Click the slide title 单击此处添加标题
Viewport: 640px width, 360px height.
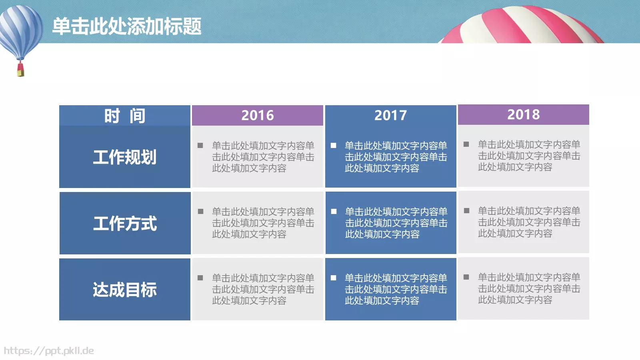127,26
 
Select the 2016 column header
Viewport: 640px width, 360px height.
258,115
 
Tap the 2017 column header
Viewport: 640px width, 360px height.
390,115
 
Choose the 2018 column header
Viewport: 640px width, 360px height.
523,114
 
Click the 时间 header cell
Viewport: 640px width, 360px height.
125,116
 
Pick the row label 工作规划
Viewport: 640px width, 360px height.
125,157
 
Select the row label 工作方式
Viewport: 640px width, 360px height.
125,223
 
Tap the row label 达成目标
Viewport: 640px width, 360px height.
125,290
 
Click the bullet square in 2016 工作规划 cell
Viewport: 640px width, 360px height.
200,146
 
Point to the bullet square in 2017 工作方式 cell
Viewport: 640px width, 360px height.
334,211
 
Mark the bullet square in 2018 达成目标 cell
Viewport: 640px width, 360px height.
466,277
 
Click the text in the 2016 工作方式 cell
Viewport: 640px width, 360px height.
263,223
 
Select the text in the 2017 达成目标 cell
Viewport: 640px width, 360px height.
396,289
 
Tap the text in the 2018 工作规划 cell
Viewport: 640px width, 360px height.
529,156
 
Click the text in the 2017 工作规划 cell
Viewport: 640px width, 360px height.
396,157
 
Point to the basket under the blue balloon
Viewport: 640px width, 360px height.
20,70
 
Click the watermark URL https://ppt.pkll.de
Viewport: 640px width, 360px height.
49,351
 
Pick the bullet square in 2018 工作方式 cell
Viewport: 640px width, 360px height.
466,210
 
